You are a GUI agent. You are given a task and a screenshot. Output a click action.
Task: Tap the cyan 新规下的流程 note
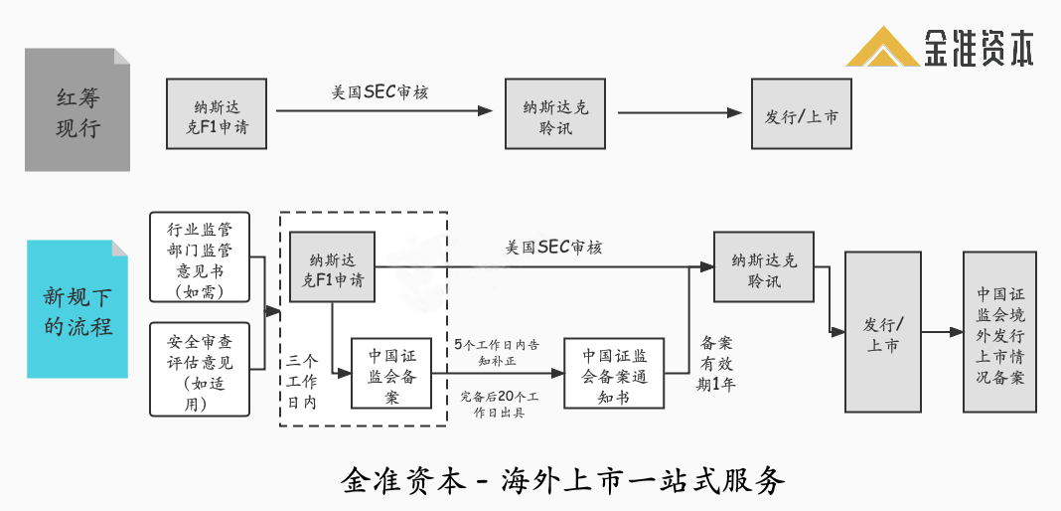tap(77, 309)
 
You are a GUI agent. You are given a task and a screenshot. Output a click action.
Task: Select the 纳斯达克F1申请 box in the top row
tap(217, 114)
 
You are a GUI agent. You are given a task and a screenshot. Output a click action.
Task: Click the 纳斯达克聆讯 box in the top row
tap(555, 114)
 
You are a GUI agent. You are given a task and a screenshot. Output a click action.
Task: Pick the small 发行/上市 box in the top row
tap(801, 114)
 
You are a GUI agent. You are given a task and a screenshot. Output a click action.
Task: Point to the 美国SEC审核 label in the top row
tap(380, 92)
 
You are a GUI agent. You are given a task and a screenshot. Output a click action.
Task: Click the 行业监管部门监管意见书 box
tap(199, 257)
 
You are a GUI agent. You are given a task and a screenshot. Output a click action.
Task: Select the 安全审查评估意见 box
tap(199, 369)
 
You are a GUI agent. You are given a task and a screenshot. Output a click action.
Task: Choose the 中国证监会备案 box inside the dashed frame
tap(391, 373)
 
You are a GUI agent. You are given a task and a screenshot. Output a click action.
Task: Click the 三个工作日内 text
tap(302, 381)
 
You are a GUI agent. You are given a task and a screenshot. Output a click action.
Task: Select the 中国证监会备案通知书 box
tap(613, 373)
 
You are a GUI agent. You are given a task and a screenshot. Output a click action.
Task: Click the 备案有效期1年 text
tap(716, 363)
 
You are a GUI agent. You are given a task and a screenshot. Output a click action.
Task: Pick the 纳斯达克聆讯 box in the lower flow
tap(763, 266)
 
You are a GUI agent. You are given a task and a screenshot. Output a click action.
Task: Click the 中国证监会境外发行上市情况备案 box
tap(999, 332)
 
